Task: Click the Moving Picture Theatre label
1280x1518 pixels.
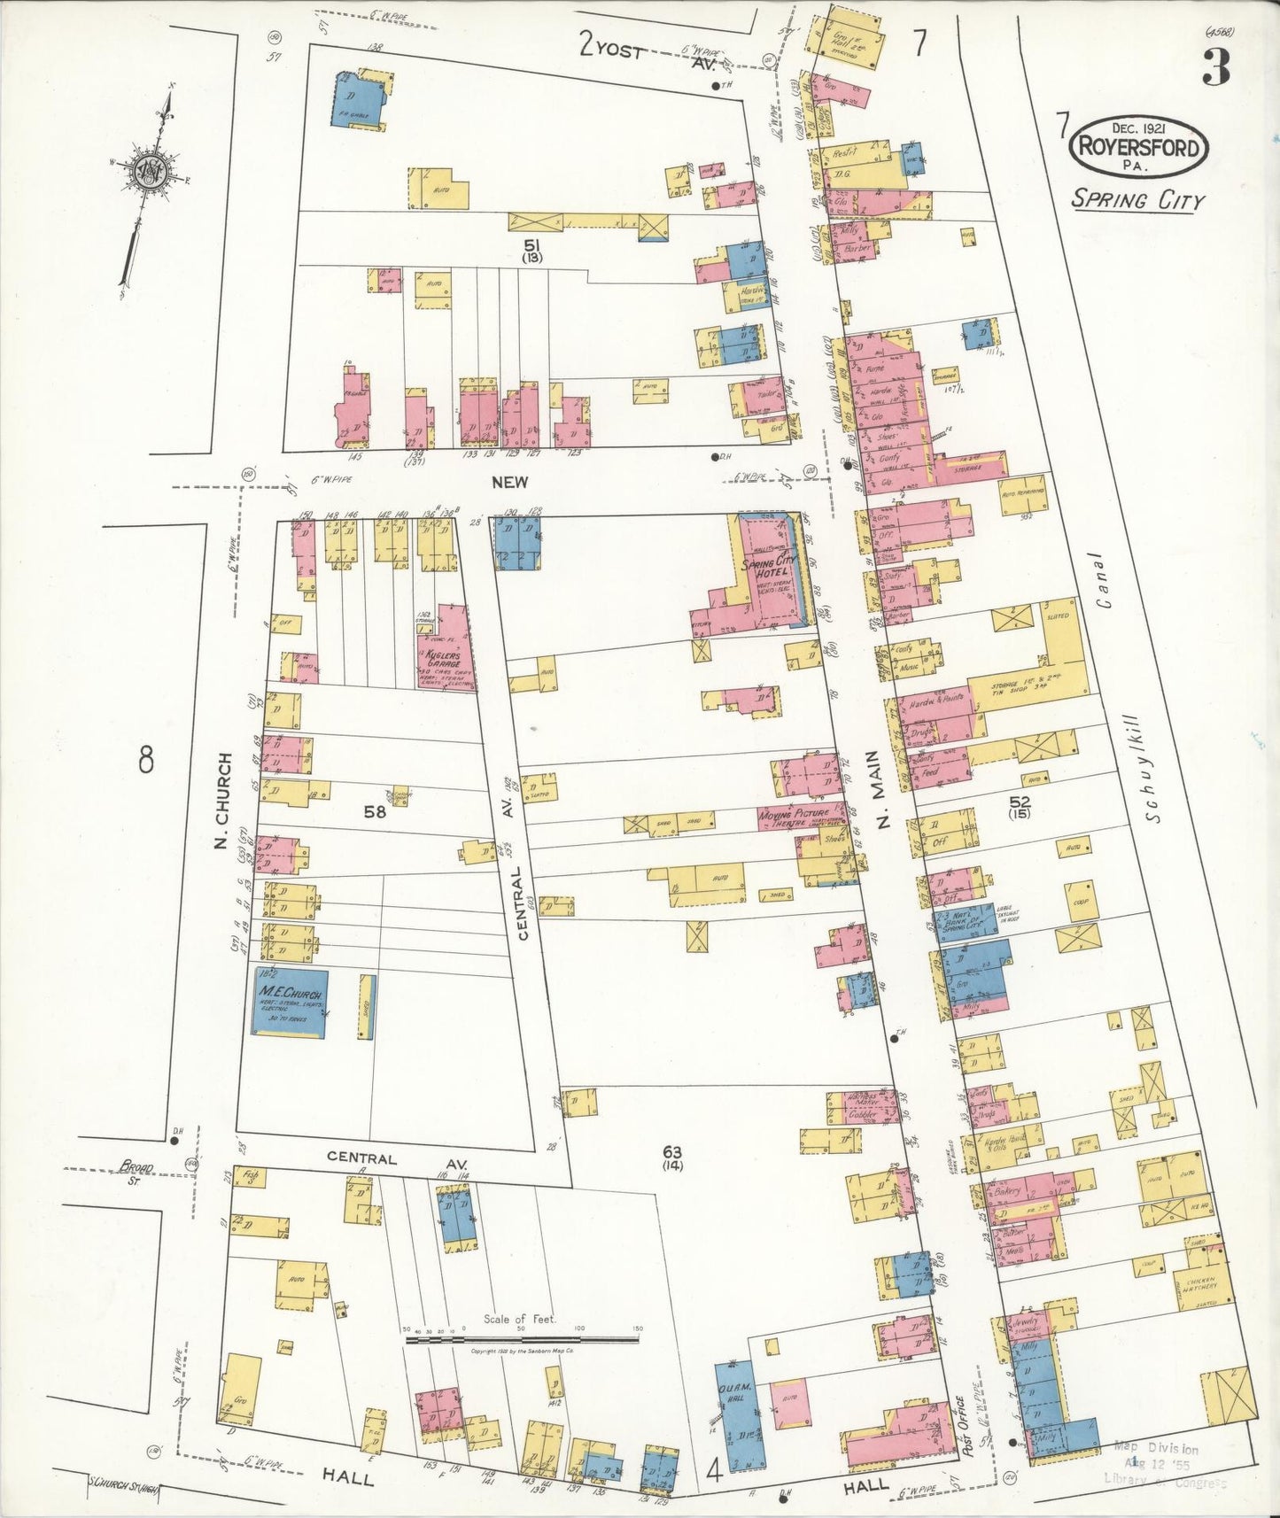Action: click(793, 817)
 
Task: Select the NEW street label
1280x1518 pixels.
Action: click(510, 482)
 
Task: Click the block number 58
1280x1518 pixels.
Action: click(375, 809)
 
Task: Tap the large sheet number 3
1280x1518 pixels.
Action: click(1215, 69)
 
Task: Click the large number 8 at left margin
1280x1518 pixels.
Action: click(146, 759)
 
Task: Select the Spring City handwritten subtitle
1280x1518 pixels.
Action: click(1137, 199)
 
